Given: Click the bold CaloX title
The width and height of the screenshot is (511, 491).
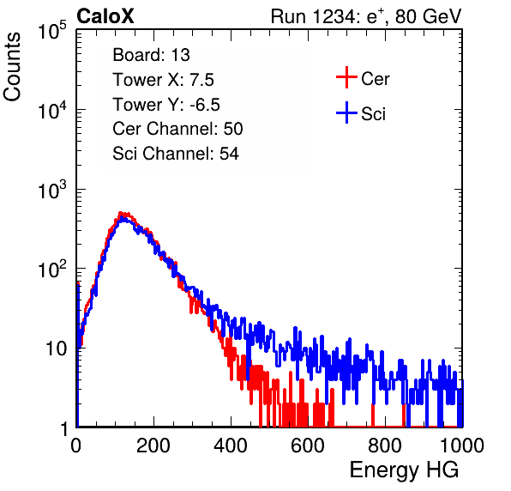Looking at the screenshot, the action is [105, 16].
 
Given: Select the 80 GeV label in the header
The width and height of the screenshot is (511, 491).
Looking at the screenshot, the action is [428, 16].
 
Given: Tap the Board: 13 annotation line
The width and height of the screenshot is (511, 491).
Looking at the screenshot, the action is [151, 55].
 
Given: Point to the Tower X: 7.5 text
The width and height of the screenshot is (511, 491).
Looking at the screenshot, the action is [163, 80].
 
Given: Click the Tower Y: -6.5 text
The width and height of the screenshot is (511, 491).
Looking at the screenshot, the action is [166, 105].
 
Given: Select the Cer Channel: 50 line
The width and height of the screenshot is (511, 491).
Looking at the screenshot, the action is [177, 129].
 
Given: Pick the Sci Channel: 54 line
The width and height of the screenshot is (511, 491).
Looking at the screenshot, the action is [176, 154].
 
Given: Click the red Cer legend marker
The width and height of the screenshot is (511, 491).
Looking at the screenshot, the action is [346, 77].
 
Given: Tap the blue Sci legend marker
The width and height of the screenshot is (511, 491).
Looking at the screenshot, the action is [346, 112].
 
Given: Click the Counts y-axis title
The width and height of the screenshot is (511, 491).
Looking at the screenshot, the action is [12, 67].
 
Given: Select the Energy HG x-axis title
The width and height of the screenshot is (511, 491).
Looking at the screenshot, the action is [404, 470].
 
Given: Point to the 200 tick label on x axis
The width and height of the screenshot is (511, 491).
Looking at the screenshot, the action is [153, 446].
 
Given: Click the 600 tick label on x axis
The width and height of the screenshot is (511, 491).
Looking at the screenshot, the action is [308, 446].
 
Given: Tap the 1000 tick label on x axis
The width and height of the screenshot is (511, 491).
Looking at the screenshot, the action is [462, 446].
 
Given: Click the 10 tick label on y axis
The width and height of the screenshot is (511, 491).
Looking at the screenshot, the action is [57, 349].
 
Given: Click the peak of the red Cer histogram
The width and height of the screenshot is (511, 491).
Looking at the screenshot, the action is [121, 213].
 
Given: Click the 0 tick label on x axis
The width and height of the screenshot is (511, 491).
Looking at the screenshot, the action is [76, 446].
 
